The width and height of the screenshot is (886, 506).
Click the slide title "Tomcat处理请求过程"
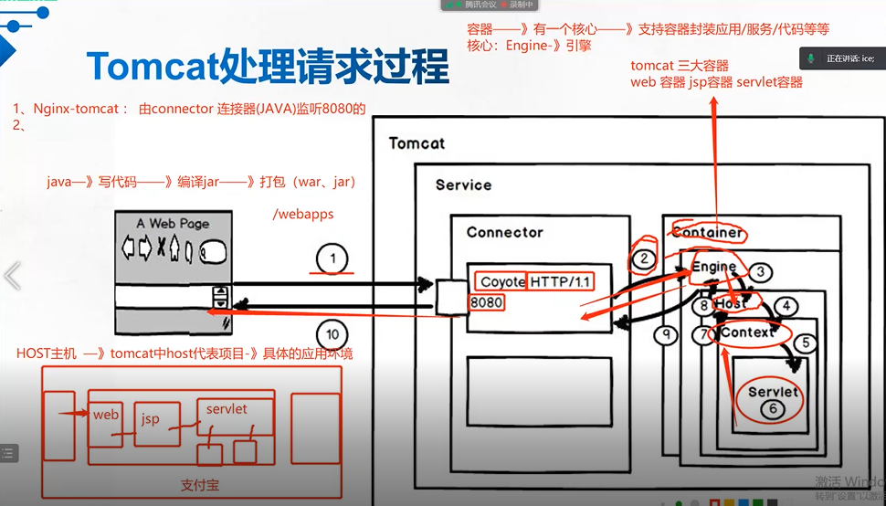268,67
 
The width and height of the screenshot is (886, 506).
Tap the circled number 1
333,259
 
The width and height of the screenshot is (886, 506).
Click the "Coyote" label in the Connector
502,282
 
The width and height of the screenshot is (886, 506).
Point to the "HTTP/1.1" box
561,282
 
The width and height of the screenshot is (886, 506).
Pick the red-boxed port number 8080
487,301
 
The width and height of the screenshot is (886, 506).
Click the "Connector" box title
504,232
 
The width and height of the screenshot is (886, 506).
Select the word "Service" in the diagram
463,184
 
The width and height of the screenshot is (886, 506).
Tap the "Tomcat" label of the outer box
417,143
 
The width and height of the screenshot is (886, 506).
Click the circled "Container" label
708,232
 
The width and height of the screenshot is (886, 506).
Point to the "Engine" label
713,267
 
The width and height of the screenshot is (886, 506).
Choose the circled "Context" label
747,332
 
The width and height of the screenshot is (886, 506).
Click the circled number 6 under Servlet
773,409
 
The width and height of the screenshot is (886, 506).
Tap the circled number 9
668,334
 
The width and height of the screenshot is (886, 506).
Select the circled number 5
805,344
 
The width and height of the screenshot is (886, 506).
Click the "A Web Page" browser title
173,223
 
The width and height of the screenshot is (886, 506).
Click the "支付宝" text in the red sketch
200,485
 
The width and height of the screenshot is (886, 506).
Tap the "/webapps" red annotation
303,214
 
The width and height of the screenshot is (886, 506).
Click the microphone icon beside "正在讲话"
810,58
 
